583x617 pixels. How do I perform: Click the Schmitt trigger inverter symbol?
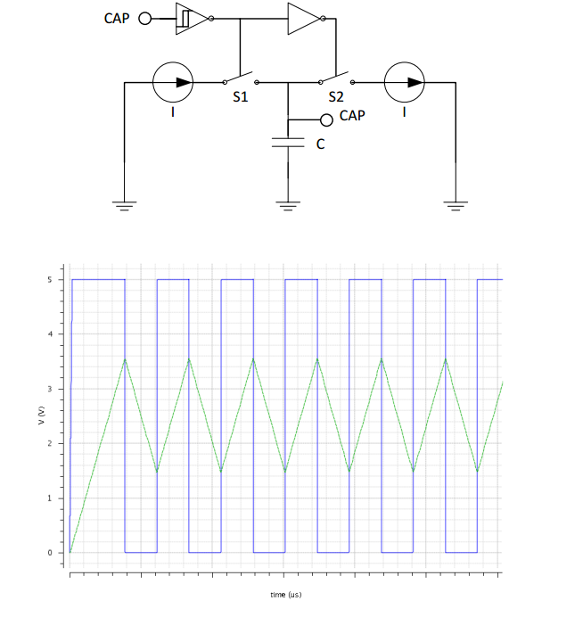[191, 18]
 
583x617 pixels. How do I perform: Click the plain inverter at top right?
[302, 18]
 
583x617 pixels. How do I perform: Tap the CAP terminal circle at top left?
[148, 18]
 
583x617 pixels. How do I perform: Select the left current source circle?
[173, 82]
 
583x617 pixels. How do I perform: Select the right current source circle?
[404, 82]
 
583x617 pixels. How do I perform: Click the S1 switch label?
[240, 97]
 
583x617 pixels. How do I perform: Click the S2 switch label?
[335, 97]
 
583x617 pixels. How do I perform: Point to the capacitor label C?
[321, 144]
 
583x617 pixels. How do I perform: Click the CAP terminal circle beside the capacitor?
[326, 119]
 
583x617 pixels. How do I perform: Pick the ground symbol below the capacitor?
[286, 206]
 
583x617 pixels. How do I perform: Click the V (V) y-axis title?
[41, 415]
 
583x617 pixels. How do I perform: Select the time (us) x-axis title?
[285, 594]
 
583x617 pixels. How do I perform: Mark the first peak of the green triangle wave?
[125, 358]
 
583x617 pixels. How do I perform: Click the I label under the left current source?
[173, 113]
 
